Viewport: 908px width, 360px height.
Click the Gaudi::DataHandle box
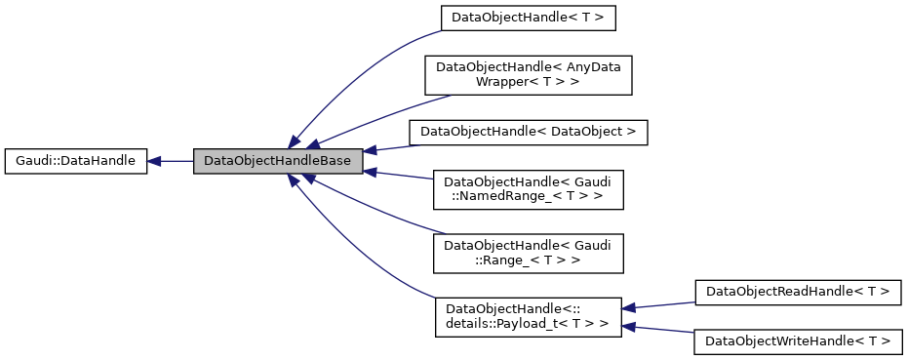point(75,162)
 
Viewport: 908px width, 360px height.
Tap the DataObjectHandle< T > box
point(528,18)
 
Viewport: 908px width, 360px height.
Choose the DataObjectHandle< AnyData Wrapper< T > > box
point(528,74)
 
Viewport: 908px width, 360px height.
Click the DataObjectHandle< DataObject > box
point(528,131)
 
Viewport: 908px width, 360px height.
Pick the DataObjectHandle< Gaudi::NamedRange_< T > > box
point(528,188)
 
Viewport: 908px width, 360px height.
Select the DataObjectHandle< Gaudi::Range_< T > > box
point(528,253)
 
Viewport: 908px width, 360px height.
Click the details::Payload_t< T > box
point(528,317)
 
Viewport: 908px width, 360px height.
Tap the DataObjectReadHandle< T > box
point(798,291)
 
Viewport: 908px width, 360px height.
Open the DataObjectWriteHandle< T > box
point(798,341)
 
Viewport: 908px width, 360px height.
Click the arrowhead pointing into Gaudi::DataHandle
point(155,162)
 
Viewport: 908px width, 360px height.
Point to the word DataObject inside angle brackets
point(587,131)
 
